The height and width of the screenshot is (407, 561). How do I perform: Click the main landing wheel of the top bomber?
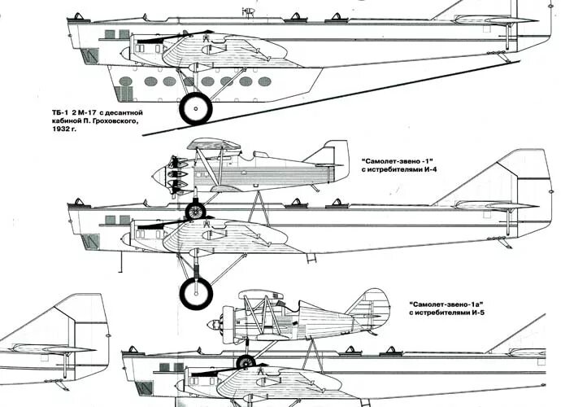[x=195, y=108]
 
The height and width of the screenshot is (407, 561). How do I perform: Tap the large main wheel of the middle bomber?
[x=196, y=293]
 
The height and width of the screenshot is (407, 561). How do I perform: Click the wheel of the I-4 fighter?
[x=195, y=212]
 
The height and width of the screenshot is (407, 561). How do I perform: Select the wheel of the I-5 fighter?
[x=246, y=362]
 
